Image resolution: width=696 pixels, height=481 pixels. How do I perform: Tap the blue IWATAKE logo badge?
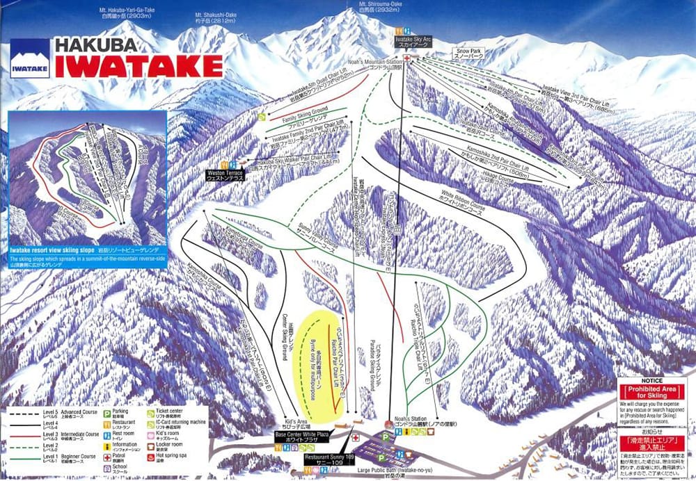(x=30, y=58)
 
